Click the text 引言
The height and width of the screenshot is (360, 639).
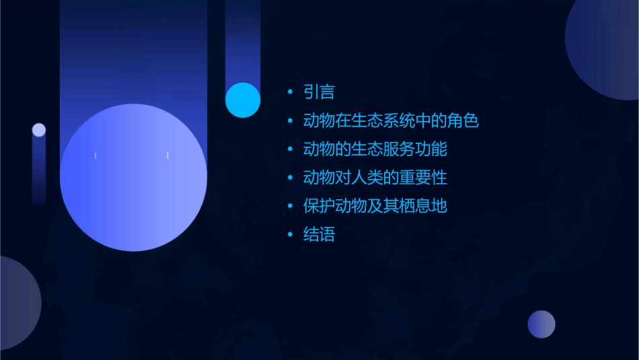click(319, 92)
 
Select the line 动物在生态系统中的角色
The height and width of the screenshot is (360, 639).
click(391, 121)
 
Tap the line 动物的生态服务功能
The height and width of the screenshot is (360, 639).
click(375, 149)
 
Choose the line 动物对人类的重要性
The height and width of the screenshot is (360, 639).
click(375, 178)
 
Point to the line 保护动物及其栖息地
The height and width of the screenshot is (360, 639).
click(375, 206)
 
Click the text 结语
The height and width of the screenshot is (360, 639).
click(319, 235)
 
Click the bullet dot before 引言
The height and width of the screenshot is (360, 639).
click(290, 92)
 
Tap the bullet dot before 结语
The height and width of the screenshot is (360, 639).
click(290, 235)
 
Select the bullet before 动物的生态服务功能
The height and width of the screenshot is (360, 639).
click(290, 149)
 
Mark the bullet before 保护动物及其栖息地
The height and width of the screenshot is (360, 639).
click(290, 206)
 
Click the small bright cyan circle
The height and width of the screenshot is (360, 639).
click(243, 100)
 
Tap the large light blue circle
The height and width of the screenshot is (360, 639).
click(133, 178)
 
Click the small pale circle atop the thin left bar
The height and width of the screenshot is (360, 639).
click(39, 130)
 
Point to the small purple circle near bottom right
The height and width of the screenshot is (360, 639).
click(541, 324)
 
